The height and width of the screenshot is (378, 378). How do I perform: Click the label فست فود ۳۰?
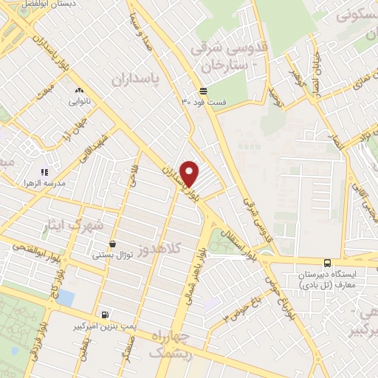coord(203,104)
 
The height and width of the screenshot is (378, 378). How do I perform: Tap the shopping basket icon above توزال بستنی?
coord(112,243)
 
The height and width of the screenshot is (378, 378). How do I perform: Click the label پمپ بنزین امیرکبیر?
coord(103,326)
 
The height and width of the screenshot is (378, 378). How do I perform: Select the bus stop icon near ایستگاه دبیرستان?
coord(326,262)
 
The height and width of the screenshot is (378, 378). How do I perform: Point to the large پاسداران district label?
coord(137,79)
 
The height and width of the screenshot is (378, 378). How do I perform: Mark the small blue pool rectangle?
coord(66,297)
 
